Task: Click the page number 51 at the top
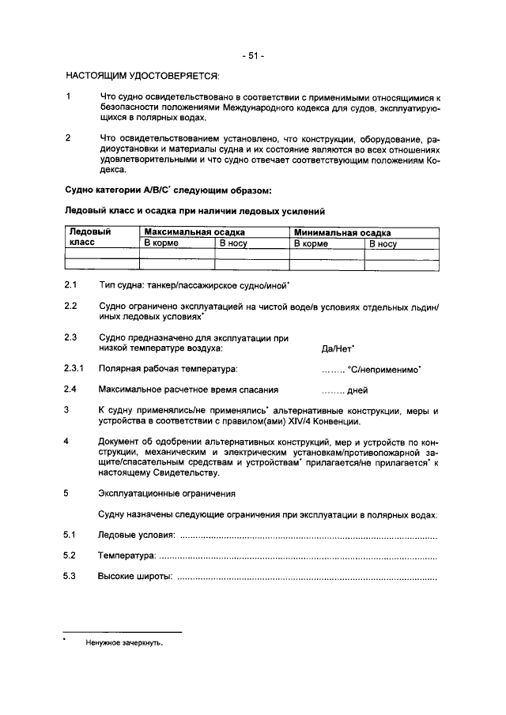click(x=253, y=55)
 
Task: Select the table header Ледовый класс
click(x=90, y=238)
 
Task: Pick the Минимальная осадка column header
click(x=342, y=232)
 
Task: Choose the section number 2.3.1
click(x=74, y=368)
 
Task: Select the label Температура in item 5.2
click(x=126, y=557)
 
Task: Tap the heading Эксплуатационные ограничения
click(x=167, y=494)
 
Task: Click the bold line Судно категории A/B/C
click(x=168, y=190)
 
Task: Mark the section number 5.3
click(x=70, y=577)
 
